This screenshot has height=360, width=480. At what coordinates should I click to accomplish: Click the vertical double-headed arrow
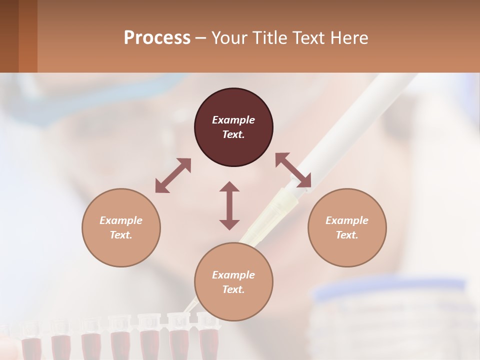pos(229,205)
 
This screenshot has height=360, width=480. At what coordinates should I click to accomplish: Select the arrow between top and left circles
pos(173,175)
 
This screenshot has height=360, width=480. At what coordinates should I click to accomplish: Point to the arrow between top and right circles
pos(293,170)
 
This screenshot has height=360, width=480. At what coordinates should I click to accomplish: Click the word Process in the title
pos(157,37)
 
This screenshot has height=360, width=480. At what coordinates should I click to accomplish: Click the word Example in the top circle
pos(233,120)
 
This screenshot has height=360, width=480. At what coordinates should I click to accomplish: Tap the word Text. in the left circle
pos(121,235)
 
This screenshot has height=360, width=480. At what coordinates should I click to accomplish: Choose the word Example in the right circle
pos(347,220)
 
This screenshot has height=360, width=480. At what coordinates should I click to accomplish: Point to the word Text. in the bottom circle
pos(233,289)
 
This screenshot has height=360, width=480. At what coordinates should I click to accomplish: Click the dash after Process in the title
pos(200,38)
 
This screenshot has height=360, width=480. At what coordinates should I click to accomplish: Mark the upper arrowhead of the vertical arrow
pos(229,187)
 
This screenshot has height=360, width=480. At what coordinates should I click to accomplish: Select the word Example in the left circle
pos(121,220)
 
